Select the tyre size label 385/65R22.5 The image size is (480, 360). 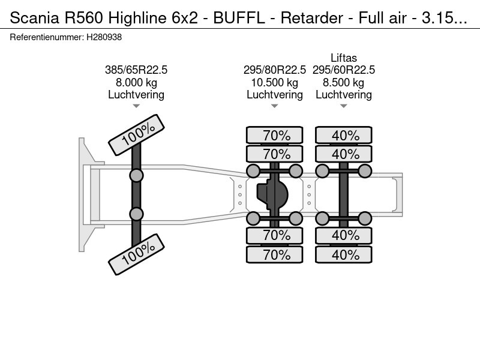(x=136, y=70)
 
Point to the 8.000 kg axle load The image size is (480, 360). (x=136, y=83)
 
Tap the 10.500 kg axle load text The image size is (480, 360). (x=274, y=83)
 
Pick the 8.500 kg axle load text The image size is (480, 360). (x=344, y=83)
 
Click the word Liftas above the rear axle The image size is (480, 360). (x=344, y=58)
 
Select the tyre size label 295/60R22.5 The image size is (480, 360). (x=344, y=70)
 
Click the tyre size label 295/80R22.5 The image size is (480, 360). (x=274, y=70)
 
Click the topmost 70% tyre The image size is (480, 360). (x=276, y=136)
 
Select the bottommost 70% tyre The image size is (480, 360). (x=276, y=254)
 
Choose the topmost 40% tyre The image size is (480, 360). (x=345, y=136)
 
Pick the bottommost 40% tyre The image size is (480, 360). (x=345, y=254)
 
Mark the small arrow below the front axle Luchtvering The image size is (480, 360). (x=136, y=106)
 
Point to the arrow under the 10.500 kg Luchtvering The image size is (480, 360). (x=274, y=106)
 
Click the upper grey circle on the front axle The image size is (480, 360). (x=136, y=175)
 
